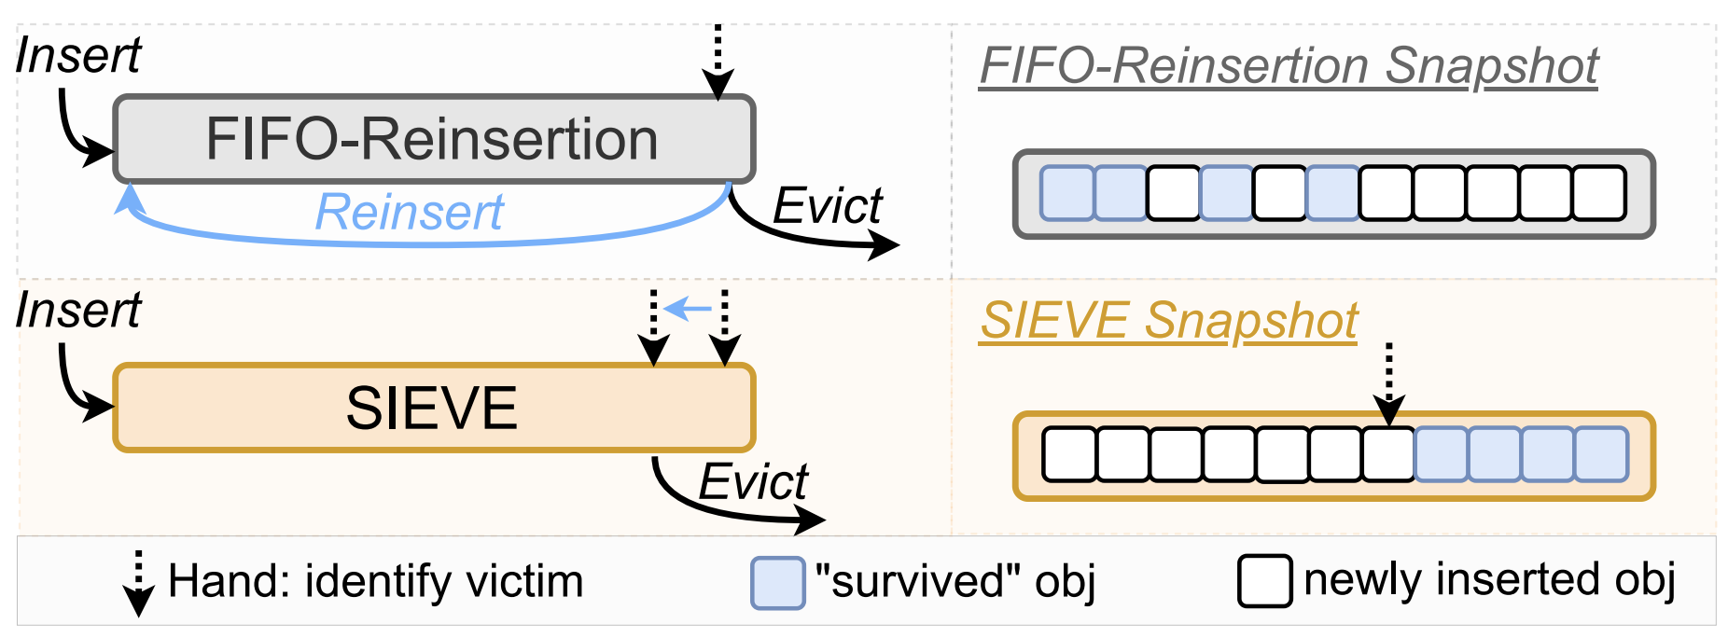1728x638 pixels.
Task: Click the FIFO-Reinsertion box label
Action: [x=432, y=139]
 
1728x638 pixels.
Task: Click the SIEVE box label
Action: [x=432, y=408]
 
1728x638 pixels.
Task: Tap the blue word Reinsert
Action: [x=409, y=212]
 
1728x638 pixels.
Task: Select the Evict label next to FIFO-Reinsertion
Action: [x=827, y=206]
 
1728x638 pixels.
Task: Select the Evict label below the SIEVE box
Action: [x=752, y=482]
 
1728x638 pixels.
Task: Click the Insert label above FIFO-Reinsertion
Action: [x=78, y=55]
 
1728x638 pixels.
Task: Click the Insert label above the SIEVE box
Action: [x=78, y=310]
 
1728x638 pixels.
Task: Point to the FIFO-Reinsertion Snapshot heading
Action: [x=1289, y=66]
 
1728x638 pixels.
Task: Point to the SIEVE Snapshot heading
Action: [x=1168, y=321]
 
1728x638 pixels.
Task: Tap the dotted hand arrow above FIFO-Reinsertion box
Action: [x=718, y=62]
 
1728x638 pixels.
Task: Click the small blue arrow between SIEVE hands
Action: [x=689, y=307]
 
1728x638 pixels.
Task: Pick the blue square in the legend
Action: [x=777, y=583]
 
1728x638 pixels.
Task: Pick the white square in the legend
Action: [x=1264, y=581]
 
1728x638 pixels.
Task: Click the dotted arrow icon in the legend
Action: [x=138, y=584]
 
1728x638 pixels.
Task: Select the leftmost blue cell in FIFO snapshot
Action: [x=1066, y=193]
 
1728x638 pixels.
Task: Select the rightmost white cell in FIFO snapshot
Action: [x=1598, y=193]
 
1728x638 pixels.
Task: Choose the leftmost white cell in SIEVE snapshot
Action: [x=1068, y=454]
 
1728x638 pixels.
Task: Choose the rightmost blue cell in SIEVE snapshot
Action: [x=1601, y=454]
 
